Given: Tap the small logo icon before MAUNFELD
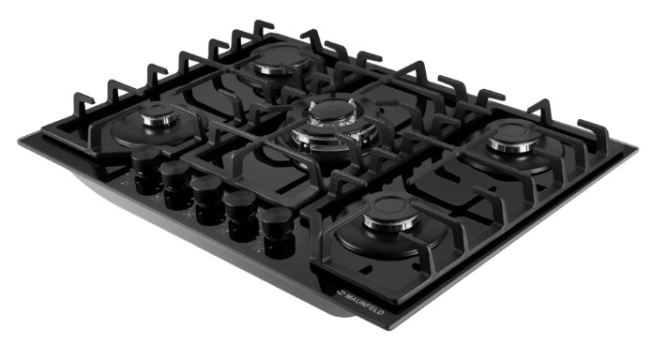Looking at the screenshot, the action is (x=340, y=292).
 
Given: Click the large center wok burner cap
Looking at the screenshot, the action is (x=332, y=111).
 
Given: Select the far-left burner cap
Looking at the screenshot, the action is (x=159, y=111).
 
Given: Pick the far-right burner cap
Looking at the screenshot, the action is (x=513, y=132).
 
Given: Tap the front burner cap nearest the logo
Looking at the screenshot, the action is (x=392, y=209).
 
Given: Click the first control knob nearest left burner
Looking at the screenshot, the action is (x=146, y=164).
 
